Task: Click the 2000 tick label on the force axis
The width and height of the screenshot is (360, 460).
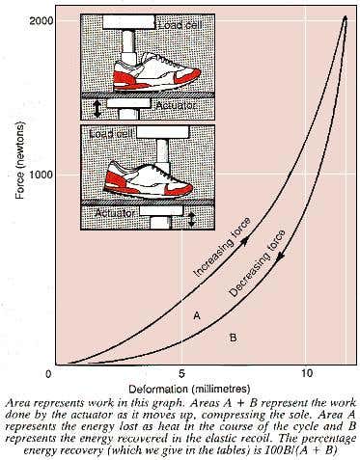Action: coord(42,19)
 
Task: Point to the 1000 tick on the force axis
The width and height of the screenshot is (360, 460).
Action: coord(42,175)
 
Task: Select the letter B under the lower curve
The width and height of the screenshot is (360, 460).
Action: coord(233,338)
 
